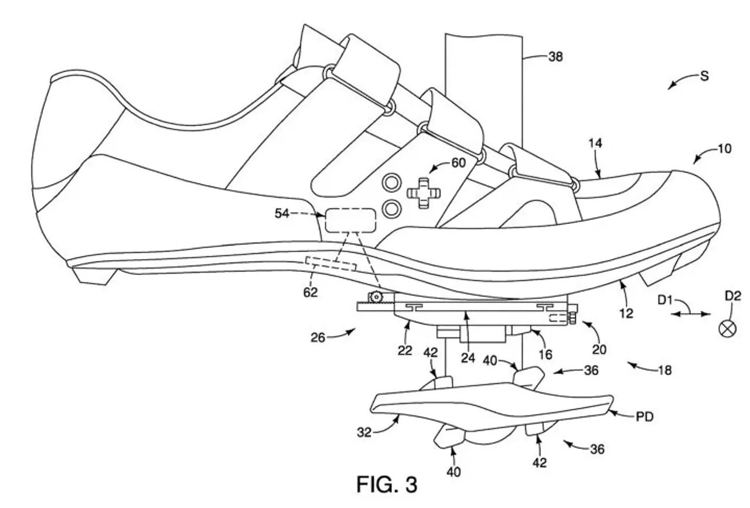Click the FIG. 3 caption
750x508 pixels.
387,485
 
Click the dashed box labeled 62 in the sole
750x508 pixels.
331,264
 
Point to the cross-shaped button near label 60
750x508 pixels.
420,193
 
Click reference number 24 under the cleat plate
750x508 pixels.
467,358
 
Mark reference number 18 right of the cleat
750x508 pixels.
664,370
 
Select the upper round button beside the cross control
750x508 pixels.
390,183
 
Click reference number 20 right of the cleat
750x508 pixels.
598,350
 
